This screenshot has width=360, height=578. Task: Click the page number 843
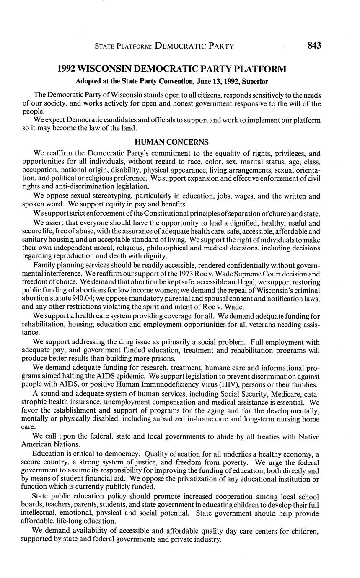(x=314, y=46)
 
